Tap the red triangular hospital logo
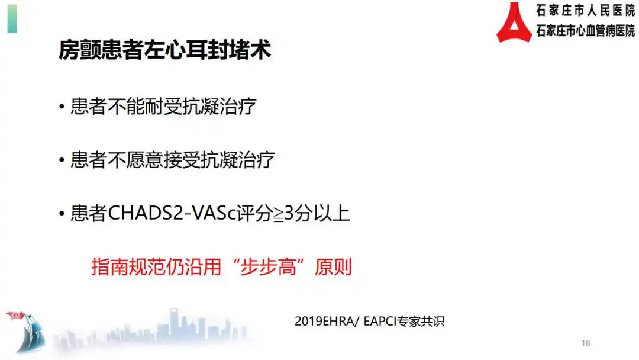(514, 22)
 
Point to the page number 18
(586, 343)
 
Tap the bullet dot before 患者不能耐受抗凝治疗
(62, 108)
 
